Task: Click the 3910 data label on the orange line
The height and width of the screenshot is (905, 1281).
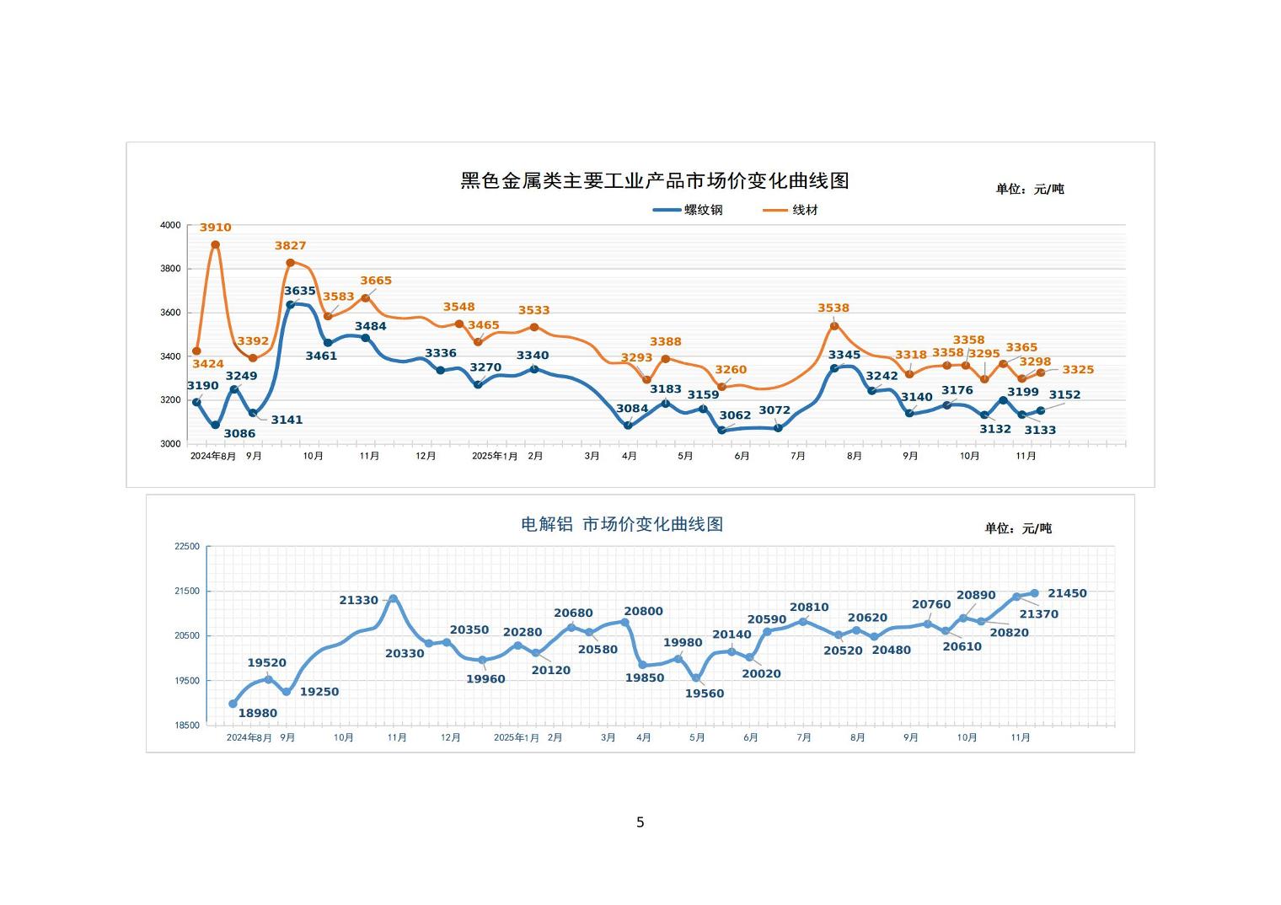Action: tap(215, 228)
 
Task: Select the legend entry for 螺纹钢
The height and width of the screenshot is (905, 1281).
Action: tap(689, 210)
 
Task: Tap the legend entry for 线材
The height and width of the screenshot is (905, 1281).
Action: tap(791, 210)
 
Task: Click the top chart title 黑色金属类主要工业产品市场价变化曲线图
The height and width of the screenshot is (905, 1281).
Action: tap(654, 180)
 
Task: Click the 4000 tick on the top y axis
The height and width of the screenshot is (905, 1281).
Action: tap(170, 225)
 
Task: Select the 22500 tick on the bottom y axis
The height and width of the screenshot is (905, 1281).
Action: tap(187, 547)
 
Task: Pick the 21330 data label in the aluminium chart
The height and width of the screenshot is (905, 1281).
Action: tap(358, 600)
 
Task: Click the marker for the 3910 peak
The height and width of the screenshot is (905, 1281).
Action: tap(215, 245)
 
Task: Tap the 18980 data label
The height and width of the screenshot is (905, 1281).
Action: tap(257, 713)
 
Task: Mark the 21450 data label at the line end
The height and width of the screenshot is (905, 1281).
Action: tap(1067, 593)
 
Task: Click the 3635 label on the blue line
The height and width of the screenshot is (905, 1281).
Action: tap(299, 291)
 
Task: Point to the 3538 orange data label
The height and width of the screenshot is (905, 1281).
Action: tap(833, 308)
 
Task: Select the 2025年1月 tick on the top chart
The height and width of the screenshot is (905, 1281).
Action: tap(495, 456)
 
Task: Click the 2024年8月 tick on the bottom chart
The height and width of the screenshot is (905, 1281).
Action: tap(249, 737)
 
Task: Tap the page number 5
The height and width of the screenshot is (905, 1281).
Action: tap(640, 822)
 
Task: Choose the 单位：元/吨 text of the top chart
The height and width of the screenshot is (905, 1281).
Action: tap(1029, 189)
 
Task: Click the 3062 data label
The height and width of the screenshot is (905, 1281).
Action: tap(735, 415)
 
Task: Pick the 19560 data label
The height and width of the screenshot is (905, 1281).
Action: tap(704, 693)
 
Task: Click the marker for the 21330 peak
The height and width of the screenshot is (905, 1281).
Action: tap(393, 599)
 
